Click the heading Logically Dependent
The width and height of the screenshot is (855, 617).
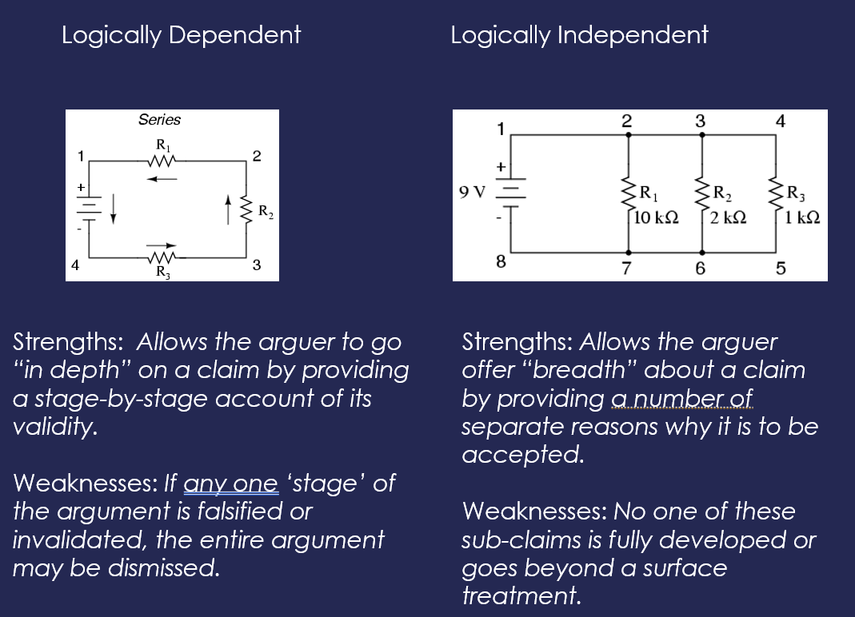181,35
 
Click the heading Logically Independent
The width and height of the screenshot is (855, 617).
579,35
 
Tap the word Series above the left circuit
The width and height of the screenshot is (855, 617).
159,119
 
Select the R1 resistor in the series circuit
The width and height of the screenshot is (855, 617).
162,161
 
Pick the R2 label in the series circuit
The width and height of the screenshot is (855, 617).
266,212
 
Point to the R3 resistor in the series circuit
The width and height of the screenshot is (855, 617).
162,256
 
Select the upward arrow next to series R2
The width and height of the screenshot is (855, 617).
229,210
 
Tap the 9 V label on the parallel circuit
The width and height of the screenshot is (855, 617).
472,192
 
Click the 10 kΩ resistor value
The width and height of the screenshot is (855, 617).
657,217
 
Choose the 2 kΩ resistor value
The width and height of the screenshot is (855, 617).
728,217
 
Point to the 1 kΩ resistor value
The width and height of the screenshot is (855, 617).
802,217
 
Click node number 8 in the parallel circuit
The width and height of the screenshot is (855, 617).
501,261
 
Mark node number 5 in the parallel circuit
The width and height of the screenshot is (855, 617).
781,269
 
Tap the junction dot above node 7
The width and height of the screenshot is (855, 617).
628,253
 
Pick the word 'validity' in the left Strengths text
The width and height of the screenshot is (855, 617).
55,427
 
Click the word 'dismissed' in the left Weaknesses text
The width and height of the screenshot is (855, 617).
164,568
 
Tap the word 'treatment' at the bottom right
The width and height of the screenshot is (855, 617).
521,595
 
